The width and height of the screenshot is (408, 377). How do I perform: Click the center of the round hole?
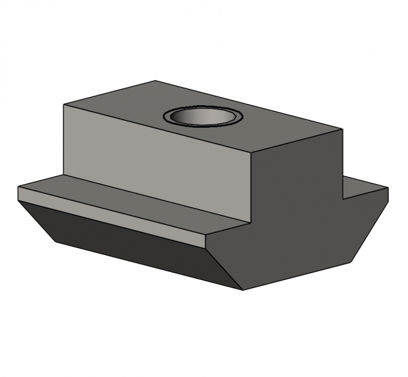click(x=201, y=117)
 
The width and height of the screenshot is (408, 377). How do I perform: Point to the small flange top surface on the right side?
click(x=364, y=187)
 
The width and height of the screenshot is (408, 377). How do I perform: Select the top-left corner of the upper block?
click(x=64, y=104)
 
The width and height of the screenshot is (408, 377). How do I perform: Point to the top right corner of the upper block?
click(x=343, y=129)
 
